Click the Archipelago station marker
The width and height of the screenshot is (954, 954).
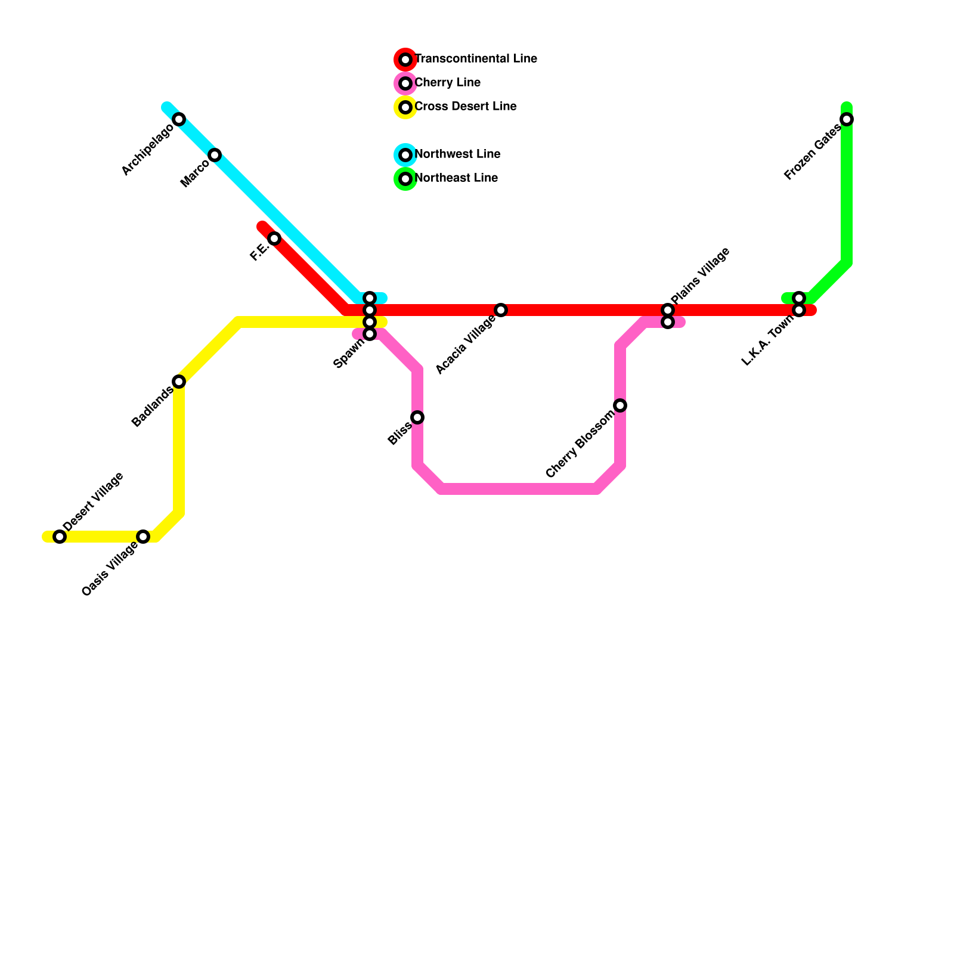(179, 119)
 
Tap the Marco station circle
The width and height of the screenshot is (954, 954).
(215, 155)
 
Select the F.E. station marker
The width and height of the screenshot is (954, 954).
(274, 238)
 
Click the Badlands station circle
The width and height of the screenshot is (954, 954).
(179, 382)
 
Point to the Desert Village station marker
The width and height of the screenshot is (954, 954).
(60, 537)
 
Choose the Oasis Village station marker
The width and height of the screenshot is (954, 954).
(143, 537)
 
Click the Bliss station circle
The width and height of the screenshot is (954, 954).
(417, 417)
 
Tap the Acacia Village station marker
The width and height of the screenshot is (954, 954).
(501, 310)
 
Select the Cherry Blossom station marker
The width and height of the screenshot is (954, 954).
(620, 405)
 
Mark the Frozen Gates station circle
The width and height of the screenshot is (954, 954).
(847, 119)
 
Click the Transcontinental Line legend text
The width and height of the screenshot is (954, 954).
(476, 59)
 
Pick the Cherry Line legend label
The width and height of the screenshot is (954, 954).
(447, 83)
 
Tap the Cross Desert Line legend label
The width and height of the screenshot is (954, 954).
(465, 107)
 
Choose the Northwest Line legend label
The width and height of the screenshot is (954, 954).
(457, 154)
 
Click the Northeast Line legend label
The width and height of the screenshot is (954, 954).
(456, 178)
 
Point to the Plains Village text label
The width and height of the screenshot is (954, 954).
(700, 275)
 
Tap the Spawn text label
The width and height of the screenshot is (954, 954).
(349, 355)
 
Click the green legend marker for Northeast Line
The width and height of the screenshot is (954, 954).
(405, 179)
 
